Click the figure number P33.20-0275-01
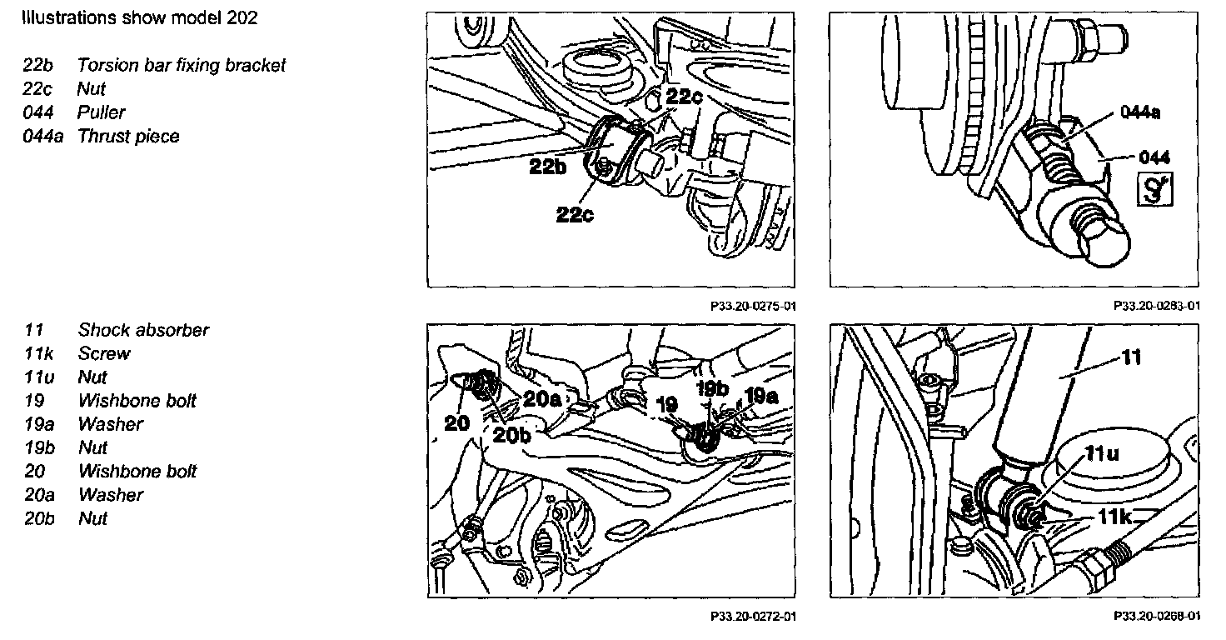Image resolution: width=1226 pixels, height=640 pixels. pyautogui.click(x=754, y=306)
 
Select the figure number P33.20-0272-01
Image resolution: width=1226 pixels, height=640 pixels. pyautogui.click(x=754, y=617)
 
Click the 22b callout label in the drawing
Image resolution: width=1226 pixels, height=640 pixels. pyautogui.click(x=547, y=167)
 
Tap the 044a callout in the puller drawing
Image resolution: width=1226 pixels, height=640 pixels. pyautogui.click(x=1140, y=112)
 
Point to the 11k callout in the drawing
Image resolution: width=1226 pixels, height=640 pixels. pyautogui.click(x=1114, y=517)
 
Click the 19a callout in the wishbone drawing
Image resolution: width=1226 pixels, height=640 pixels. pyautogui.click(x=762, y=395)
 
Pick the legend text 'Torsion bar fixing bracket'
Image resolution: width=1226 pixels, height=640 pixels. pyautogui.click(x=182, y=65)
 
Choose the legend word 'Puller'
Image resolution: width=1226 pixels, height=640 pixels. pyautogui.click(x=101, y=112)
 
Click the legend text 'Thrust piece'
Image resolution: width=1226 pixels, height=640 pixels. pyautogui.click(x=128, y=136)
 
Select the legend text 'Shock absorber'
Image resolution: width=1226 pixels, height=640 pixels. pyautogui.click(x=143, y=330)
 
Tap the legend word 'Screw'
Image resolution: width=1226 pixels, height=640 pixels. pyautogui.click(x=104, y=353)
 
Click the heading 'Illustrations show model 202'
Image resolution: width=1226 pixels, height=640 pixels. pyautogui.click(x=140, y=18)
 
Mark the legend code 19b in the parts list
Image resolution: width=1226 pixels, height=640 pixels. pyautogui.click(x=38, y=447)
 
